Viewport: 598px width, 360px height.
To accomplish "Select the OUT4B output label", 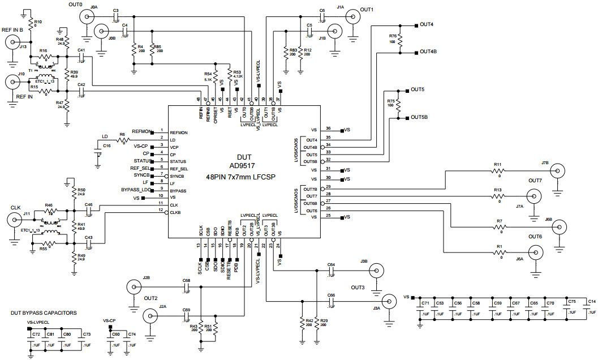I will pyautogui.click(x=428, y=52).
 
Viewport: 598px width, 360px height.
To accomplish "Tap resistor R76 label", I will pyautogui.click(x=393, y=36).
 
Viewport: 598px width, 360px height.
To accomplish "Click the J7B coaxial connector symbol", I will pyautogui.click(x=558, y=171).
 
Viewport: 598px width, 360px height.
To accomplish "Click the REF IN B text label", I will pyautogui.click(x=13, y=30).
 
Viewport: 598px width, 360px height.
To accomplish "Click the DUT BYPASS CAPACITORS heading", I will pyautogui.click(x=44, y=312).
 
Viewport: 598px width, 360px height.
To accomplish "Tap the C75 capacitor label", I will pyautogui.click(x=571, y=302).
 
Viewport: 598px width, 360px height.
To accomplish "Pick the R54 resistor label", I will pyautogui.click(x=208, y=74).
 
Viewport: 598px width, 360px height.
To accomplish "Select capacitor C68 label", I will pyautogui.click(x=186, y=281).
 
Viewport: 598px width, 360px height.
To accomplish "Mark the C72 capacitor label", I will pyautogui.click(x=36, y=335).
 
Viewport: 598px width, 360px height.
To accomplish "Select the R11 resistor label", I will pyautogui.click(x=498, y=165).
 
